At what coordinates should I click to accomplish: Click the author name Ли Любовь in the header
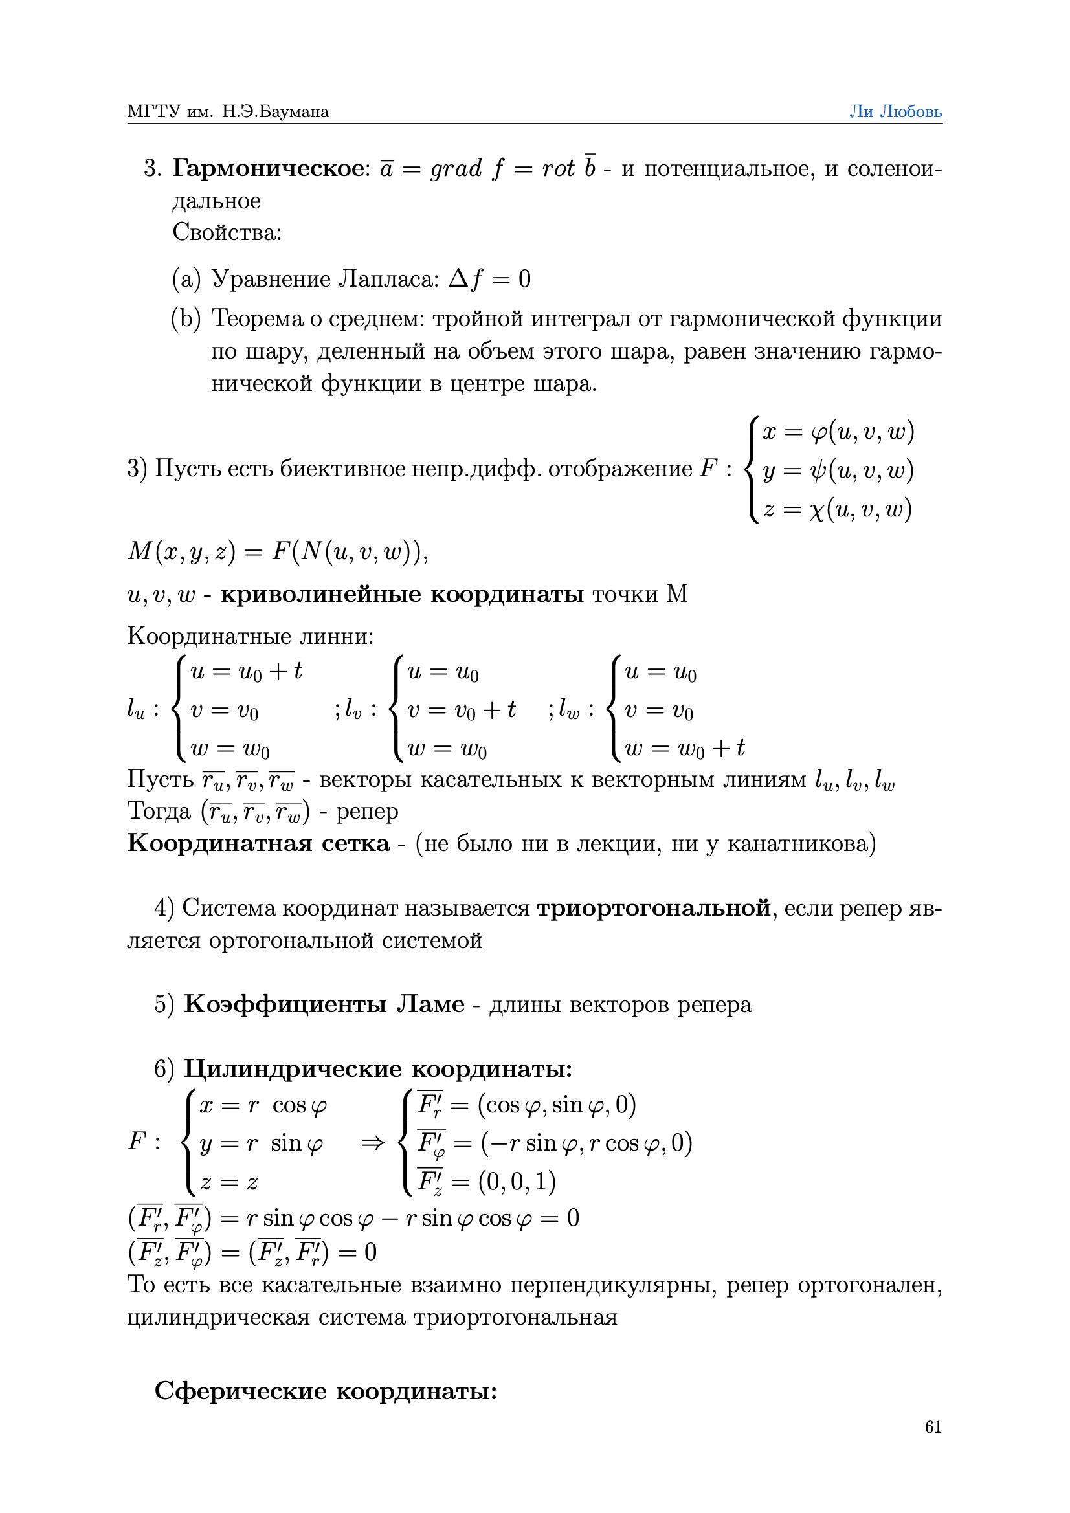(895, 111)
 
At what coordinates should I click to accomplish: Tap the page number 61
(933, 1427)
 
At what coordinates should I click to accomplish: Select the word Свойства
(226, 232)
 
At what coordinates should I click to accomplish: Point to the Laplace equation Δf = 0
(489, 280)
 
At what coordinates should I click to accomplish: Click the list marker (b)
(186, 319)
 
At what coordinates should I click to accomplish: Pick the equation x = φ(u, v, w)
(838, 432)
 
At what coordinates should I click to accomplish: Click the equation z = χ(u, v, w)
(836, 509)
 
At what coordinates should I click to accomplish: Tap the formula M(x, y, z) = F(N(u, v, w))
(277, 551)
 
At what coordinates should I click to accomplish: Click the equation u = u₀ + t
(246, 672)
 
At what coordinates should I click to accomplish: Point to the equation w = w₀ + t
(684, 749)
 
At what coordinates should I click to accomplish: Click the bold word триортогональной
(653, 908)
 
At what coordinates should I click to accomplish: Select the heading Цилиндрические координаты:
(378, 1068)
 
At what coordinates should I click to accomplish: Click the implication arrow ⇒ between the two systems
(372, 1143)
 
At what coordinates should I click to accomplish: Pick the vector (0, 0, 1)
(517, 1182)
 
